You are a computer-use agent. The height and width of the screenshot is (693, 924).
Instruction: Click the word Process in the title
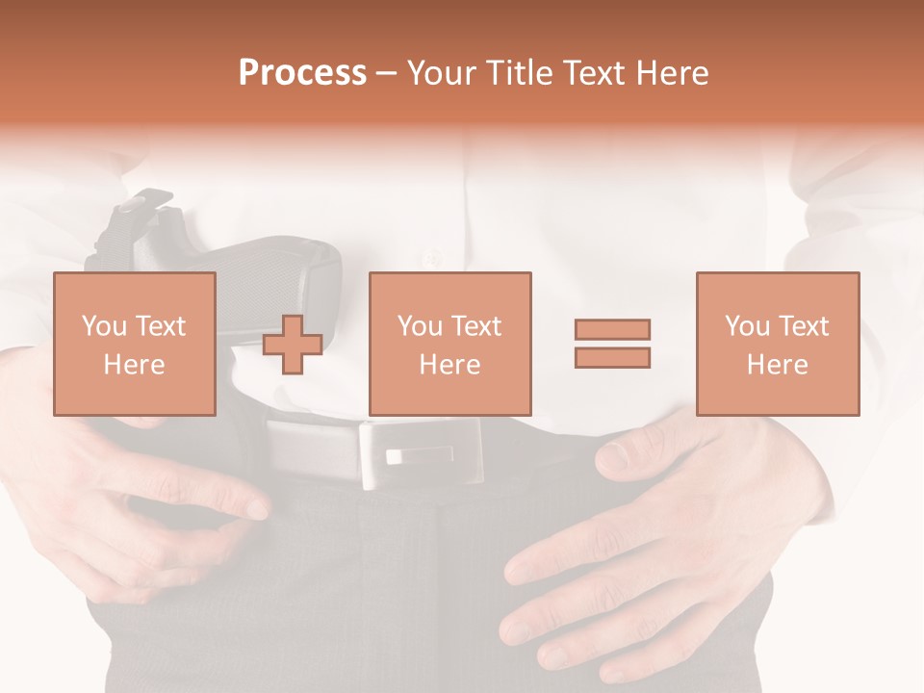coord(302,73)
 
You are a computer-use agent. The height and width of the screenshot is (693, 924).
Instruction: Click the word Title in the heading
coord(522,73)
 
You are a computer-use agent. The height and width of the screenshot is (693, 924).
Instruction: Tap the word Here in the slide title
coord(669,73)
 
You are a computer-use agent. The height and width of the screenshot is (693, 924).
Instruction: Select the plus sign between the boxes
coord(293,345)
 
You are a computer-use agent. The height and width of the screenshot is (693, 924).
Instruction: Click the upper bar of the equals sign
coord(612,329)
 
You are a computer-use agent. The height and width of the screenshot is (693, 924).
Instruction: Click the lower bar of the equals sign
coord(612,358)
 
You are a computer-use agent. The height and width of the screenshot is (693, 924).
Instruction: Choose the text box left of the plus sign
coord(135,344)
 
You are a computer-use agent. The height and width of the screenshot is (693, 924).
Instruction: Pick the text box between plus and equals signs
coord(450,344)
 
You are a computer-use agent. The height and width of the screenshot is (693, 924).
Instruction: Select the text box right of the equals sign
coord(778,344)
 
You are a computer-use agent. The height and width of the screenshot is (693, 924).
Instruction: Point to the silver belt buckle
coord(421,453)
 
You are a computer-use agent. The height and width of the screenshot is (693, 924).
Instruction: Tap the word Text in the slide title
coord(593,73)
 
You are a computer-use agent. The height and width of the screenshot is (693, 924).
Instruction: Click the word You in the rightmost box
coord(748,326)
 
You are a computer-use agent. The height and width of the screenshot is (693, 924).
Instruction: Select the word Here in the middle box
coord(450,365)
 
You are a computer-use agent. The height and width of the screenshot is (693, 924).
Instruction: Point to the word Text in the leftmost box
coord(160,326)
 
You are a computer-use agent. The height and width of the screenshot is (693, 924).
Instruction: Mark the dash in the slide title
coord(386,73)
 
